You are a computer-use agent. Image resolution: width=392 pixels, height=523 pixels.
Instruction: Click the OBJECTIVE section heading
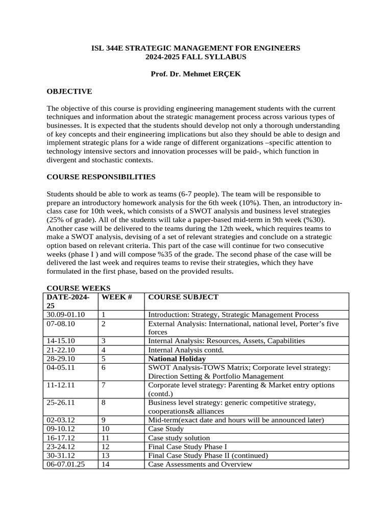(x=69, y=91)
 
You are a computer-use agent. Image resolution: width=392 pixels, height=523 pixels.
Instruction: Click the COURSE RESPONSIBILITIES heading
(x=101, y=177)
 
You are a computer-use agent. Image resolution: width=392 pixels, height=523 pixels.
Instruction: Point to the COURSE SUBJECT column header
(x=183, y=297)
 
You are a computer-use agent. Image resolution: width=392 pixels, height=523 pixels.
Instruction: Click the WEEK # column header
(x=117, y=297)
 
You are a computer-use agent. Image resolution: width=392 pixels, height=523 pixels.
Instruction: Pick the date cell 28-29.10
(x=61, y=359)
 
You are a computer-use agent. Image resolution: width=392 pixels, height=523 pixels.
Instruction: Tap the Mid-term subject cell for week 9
(x=236, y=420)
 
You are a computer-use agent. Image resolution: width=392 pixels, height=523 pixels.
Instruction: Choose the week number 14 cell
(x=106, y=464)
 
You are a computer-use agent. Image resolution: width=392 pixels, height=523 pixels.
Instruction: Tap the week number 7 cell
(x=104, y=385)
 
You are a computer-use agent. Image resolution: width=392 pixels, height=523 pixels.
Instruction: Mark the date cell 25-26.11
(x=61, y=402)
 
